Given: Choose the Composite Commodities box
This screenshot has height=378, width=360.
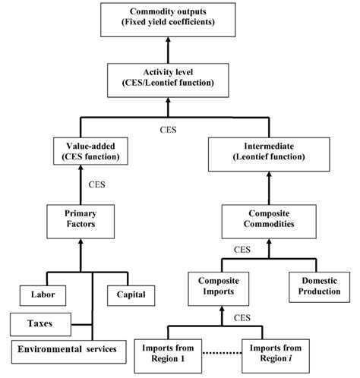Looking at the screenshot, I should point(267,220).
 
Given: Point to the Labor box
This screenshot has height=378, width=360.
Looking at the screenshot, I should point(43,293).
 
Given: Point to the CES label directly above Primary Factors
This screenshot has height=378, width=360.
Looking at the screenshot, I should point(96,183).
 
